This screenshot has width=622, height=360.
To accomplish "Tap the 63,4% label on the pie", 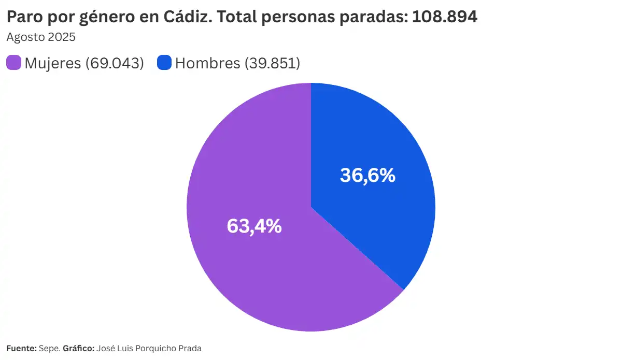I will coord(254,226).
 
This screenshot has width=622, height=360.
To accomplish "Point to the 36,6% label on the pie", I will coord(367,176).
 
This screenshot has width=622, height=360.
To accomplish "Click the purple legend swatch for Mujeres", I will coord(13,63).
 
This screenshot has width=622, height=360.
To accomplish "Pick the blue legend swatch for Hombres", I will coord(164,63).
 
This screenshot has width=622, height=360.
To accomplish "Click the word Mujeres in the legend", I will coord(53,63).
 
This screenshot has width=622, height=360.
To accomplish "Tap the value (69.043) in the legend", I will coord(115,63).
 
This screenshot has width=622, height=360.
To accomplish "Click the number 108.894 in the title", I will coord(445,17).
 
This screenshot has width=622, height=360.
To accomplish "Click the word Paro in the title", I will coord(22,17).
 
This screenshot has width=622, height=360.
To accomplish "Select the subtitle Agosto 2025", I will coord(41,37).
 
